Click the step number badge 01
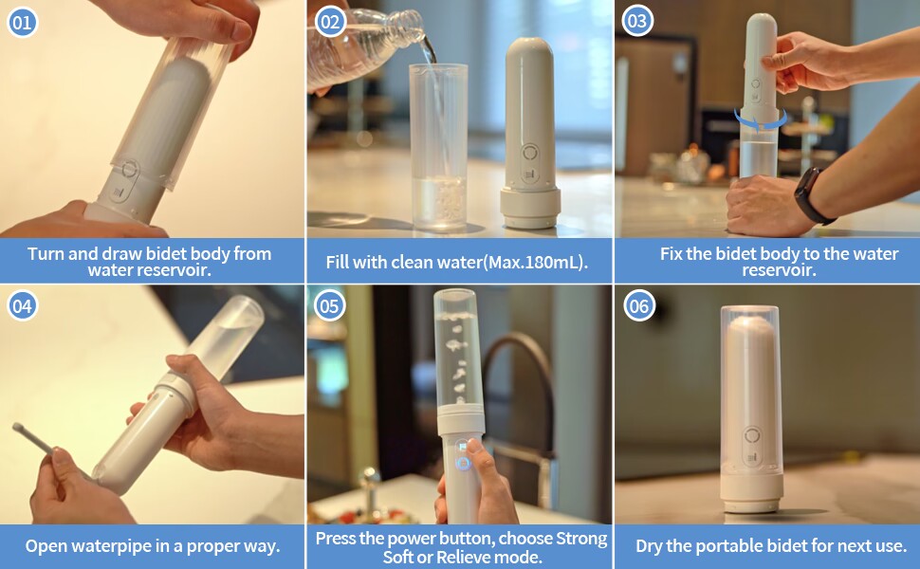(x=22, y=23)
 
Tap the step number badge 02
(x=330, y=23)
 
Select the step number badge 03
(x=637, y=21)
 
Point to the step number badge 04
(x=22, y=305)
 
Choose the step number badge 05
(x=329, y=305)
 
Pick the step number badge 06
(x=638, y=305)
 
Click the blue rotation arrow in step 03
(x=761, y=122)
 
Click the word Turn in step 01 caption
(x=46, y=253)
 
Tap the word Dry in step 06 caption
(x=649, y=546)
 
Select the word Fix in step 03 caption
(x=672, y=253)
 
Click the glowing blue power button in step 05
(x=463, y=464)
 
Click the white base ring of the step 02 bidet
(x=530, y=208)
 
